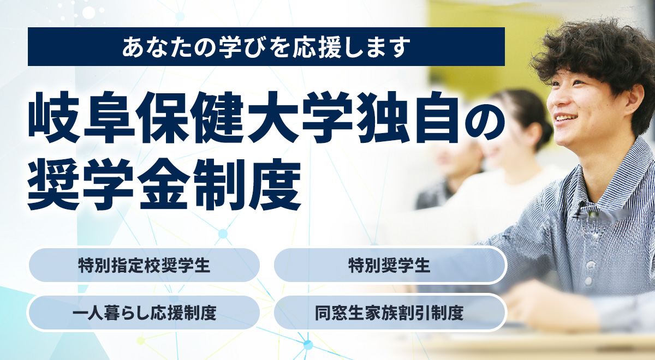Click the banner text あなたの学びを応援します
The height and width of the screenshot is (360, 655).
(x=266, y=47)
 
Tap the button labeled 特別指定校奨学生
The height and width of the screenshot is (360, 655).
(x=144, y=265)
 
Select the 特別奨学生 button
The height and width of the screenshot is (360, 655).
(x=390, y=265)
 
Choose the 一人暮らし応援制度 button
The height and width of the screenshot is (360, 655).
(x=144, y=313)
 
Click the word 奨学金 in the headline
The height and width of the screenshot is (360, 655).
(x=108, y=184)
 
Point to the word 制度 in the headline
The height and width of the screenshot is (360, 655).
(x=248, y=184)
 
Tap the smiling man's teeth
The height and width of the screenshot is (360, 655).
(x=566, y=118)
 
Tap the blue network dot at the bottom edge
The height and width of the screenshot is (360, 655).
(x=307, y=345)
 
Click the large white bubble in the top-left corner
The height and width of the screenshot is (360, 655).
(x=89, y=13)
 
